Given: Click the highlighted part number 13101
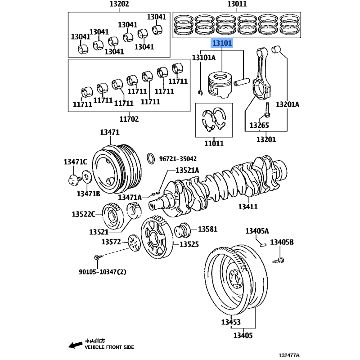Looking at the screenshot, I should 222,44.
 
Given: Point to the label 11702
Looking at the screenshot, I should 129,119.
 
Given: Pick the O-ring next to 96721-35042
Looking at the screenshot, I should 152,158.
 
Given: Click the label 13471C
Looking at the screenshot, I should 75,162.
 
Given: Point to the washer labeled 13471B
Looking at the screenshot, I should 86,178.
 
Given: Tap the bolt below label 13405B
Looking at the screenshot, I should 279,260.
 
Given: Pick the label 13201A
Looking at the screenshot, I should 288,104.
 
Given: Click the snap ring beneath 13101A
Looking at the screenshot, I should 201,93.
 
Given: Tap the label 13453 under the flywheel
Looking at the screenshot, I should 230,322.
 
